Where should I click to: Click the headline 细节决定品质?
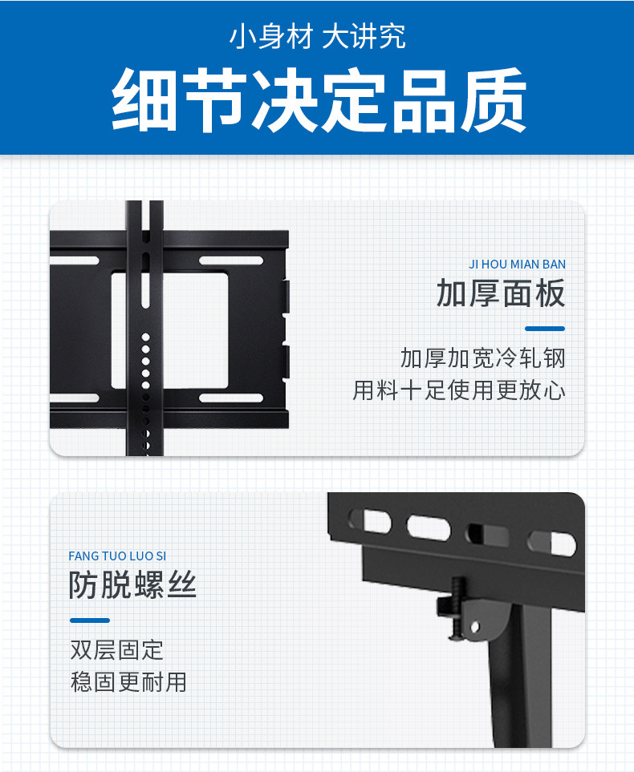[319, 100]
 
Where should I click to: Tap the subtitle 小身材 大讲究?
[318, 37]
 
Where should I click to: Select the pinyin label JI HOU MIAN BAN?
[517, 265]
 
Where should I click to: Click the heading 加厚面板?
[501, 294]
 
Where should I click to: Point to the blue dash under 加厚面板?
[545, 329]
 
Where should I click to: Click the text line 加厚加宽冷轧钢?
[483, 358]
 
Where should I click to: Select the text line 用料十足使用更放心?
[459, 390]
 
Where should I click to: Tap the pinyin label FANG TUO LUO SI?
[118, 556]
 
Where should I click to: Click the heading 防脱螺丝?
[132, 586]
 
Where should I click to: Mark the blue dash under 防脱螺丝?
[90, 620]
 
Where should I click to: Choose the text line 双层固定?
[117, 649]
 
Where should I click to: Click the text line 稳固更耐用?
[128, 682]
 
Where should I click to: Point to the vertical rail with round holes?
[145, 337]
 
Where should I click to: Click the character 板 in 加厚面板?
[550, 294]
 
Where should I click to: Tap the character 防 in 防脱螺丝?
[85, 586]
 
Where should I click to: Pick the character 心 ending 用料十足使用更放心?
[555, 390]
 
